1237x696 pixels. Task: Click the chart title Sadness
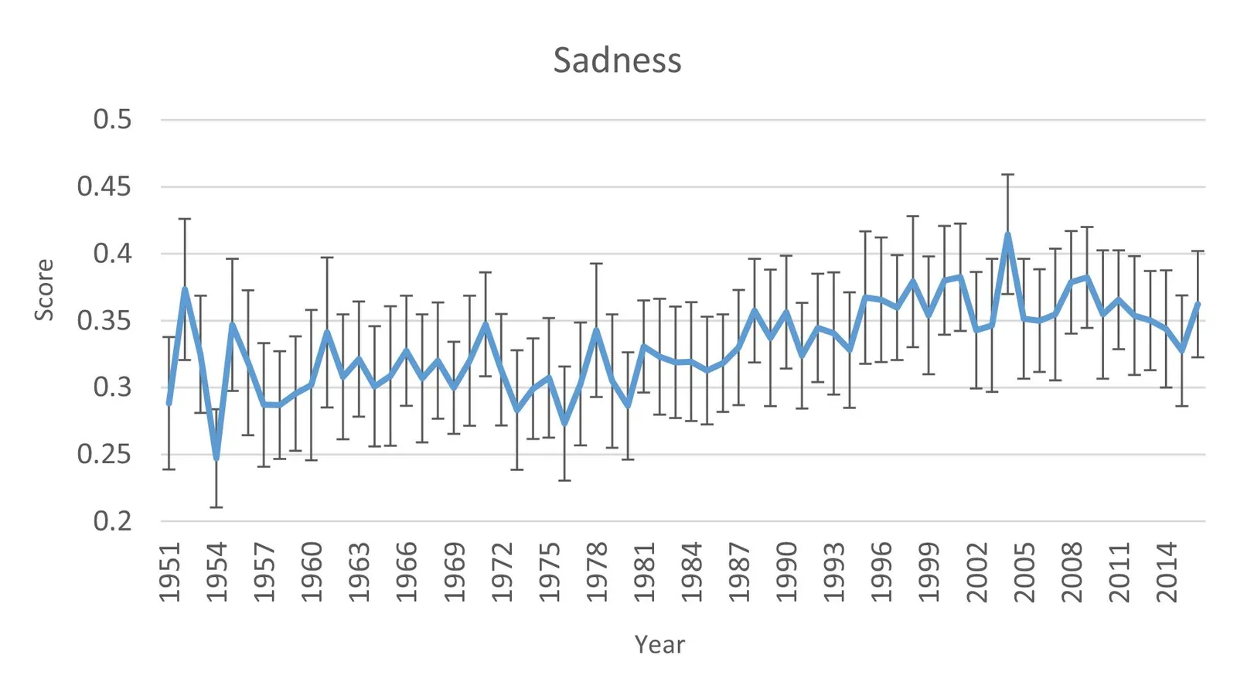coord(617,60)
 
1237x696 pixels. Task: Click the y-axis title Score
coord(44,290)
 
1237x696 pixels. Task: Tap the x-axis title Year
coord(659,644)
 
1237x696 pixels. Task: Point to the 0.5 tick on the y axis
coord(112,120)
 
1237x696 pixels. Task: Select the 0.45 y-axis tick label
coord(104,186)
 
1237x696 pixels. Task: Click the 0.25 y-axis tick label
coord(104,454)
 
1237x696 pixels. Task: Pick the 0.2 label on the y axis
coord(112,521)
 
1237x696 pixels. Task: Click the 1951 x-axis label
coord(169,572)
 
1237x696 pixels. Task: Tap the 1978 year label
coord(597,572)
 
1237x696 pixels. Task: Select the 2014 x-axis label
coord(1167,572)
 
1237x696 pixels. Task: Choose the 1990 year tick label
coord(786,572)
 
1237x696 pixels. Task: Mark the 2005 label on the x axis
coord(1024,572)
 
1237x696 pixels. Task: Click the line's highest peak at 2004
coord(1008,234)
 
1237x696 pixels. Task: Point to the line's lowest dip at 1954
coord(216,459)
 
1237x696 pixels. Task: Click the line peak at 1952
coord(185,289)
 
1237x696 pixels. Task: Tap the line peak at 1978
coord(597,330)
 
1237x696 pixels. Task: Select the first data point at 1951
coord(169,403)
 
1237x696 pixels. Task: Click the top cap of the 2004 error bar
coord(1008,175)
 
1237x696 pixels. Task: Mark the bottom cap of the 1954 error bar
coord(216,507)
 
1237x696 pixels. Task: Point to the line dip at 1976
coord(565,423)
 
